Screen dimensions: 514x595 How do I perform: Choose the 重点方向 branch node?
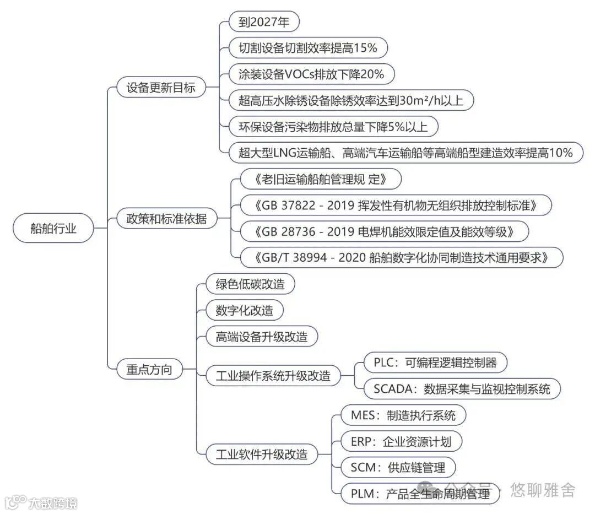(145, 369)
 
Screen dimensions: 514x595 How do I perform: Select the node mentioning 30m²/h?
(351, 100)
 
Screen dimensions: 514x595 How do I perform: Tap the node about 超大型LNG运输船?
(405, 153)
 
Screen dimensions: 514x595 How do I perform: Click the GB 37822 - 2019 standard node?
(396, 205)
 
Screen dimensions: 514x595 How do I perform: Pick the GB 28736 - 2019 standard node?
(385, 231)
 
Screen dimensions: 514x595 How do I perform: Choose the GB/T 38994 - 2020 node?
(402, 257)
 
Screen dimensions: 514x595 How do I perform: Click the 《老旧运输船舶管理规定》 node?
(321, 180)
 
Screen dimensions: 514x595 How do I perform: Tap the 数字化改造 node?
(244, 310)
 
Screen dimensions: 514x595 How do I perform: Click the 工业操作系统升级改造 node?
(268, 376)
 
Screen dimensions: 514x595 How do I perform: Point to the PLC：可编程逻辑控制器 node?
(435, 362)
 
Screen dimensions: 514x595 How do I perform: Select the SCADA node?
(462, 389)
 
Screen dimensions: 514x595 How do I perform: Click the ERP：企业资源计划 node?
(401, 441)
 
